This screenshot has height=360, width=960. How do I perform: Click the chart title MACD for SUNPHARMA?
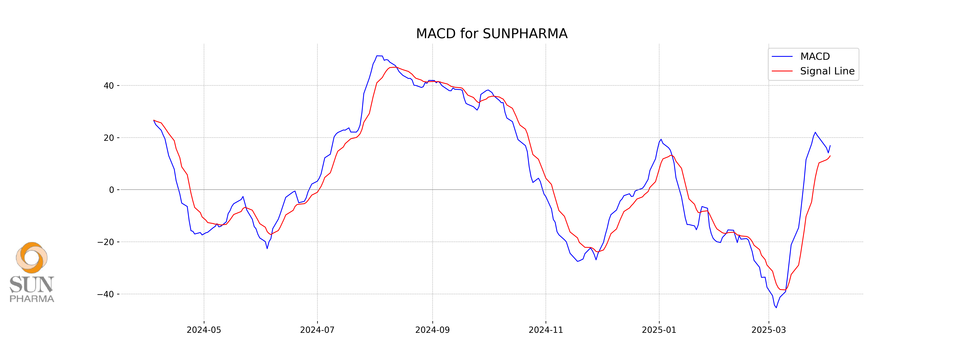point(492,34)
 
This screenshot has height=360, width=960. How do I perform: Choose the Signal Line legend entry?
point(827,71)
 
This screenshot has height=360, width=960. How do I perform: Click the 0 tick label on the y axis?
point(111,190)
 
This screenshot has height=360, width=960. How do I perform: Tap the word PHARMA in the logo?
point(32,299)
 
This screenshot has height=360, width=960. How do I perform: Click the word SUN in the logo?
point(32,285)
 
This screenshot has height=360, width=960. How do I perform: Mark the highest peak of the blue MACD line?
point(379,56)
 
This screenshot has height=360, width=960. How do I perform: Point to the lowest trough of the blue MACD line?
point(776,307)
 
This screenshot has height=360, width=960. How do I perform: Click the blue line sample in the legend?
point(782,57)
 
